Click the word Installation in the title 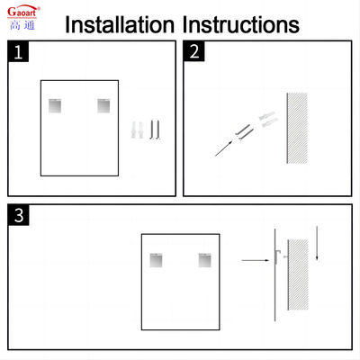click(120, 24)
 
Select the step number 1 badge click(18, 51)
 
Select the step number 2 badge click(194, 51)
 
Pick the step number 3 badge click(19, 215)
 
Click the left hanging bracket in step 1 click(55, 105)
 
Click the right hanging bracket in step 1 click(103, 105)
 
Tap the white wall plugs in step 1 click(138, 130)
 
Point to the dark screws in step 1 click(155, 130)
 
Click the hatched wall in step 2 click(297, 128)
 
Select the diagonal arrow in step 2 click(223, 148)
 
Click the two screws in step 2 click(245, 132)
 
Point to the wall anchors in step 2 click(268, 120)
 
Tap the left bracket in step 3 click(157, 260)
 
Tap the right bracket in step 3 click(205, 260)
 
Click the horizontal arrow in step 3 click(256, 260)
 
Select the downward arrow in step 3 click(317, 243)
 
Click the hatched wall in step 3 click(298, 274)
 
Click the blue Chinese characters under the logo click(22, 25)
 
